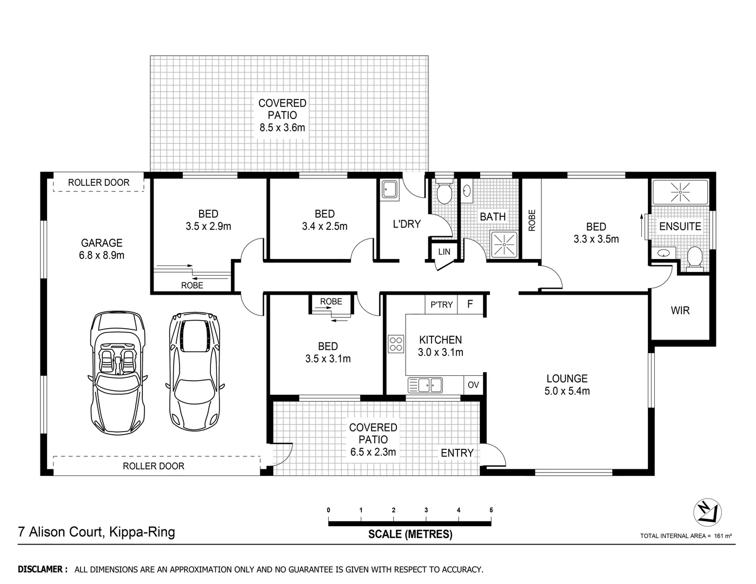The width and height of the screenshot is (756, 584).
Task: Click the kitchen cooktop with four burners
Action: point(395,344)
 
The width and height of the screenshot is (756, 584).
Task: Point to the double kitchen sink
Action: point(426,385)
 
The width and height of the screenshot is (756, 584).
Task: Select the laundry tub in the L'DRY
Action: point(389,190)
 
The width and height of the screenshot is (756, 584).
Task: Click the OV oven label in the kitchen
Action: point(473,385)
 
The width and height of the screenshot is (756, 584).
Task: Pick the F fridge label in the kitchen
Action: point(470,304)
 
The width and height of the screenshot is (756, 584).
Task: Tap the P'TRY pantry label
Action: point(441,305)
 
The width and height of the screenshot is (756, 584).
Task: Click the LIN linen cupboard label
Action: point(444,252)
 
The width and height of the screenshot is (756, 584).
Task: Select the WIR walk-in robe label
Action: point(680,311)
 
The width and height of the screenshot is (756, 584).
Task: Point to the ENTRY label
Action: point(457,453)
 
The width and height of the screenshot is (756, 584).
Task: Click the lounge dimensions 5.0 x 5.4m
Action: point(567,391)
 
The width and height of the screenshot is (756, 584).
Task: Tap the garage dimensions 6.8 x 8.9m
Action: point(102,255)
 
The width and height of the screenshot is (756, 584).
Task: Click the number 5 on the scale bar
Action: point(491,510)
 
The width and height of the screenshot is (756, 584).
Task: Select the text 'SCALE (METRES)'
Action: point(410,534)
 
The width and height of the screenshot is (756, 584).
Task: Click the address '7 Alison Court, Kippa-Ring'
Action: point(97,532)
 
